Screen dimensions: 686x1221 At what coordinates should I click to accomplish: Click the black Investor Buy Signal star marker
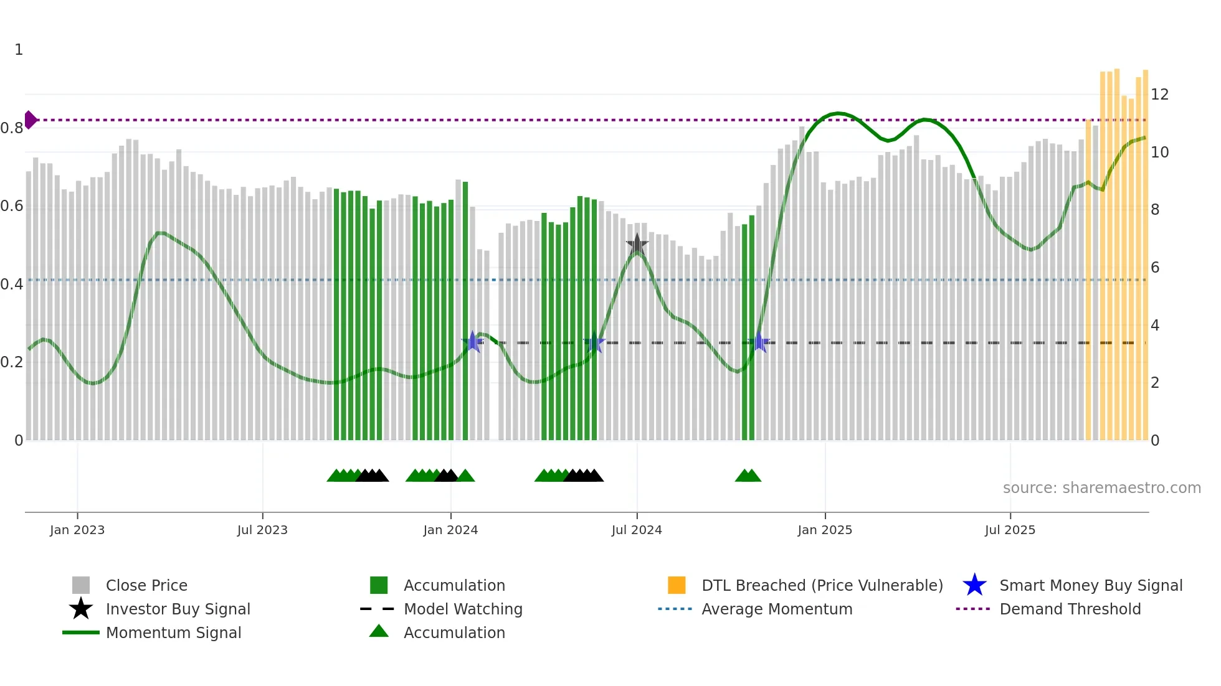pyautogui.click(x=637, y=245)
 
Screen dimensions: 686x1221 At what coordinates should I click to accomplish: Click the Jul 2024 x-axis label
pyautogui.click(x=637, y=530)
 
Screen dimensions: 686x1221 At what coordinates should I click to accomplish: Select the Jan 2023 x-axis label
pyautogui.click(x=77, y=530)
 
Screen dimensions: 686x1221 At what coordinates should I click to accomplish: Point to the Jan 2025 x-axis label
pyautogui.click(x=825, y=530)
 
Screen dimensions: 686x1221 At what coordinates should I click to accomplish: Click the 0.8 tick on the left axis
pyautogui.click(x=12, y=128)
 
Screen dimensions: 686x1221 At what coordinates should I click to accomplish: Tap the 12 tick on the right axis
pyautogui.click(x=1159, y=95)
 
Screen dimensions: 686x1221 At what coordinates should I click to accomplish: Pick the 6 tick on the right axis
pyautogui.click(x=1155, y=268)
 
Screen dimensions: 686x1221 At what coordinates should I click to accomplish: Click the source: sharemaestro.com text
pyautogui.click(x=1101, y=488)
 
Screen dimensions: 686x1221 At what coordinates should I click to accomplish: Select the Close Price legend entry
pyautogui.click(x=146, y=585)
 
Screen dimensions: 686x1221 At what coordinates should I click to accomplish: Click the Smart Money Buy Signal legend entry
pyautogui.click(x=1090, y=585)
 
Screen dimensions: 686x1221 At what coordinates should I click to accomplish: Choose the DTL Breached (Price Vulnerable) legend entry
pyautogui.click(x=822, y=585)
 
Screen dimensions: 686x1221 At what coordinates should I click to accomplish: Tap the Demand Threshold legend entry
pyautogui.click(x=1070, y=609)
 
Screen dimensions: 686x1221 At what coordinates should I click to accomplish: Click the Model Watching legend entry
pyautogui.click(x=463, y=609)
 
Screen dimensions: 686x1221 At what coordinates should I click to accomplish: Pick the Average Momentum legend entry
pyautogui.click(x=777, y=609)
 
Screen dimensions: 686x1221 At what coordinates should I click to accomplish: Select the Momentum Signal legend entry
pyautogui.click(x=173, y=632)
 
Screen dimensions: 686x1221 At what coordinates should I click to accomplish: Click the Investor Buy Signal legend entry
pyautogui.click(x=178, y=609)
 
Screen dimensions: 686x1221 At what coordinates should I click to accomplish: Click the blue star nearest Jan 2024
pyautogui.click(x=472, y=342)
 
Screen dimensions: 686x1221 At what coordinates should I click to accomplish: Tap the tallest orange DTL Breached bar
pyautogui.click(x=1117, y=249)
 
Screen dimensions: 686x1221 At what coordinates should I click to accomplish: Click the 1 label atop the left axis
pyautogui.click(x=19, y=50)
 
